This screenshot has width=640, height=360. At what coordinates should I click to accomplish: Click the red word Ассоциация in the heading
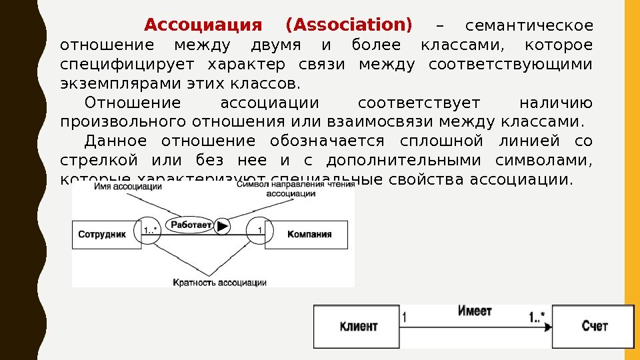[x=203, y=26]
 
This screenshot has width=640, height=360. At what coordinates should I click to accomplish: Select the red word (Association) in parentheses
[x=349, y=26]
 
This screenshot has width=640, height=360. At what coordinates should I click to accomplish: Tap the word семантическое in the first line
[x=529, y=26]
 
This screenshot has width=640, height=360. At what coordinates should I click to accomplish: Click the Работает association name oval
[x=191, y=225]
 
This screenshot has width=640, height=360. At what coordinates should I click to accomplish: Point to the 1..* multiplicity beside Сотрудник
[x=151, y=231]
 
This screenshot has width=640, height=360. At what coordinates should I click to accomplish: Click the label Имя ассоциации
[x=127, y=187]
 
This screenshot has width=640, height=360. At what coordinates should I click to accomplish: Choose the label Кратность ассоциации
[x=219, y=283]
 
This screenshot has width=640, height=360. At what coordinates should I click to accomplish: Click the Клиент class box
[x=358, y=326]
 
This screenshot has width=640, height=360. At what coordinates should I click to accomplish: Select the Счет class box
[x=594, y=326]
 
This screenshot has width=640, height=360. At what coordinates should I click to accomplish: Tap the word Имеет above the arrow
[x=475, y=311]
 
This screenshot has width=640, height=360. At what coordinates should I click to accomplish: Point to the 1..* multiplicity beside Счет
[x=537, y=318]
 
